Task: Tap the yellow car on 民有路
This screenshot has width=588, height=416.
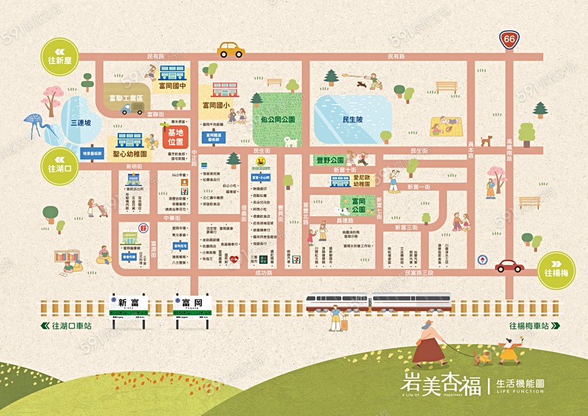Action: [230, 50]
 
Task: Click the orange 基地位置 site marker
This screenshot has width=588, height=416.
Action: [175, 137]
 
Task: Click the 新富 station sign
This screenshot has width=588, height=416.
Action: [128, 303]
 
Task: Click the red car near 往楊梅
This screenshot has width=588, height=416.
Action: [509, 266]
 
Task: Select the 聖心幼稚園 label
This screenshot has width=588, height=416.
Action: [129, 155]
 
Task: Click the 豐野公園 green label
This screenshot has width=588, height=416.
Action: [329, 159]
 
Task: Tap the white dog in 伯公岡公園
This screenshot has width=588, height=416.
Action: [291, 141]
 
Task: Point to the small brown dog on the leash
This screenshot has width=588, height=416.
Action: [483, 358]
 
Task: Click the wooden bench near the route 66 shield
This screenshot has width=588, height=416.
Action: [447, 87]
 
